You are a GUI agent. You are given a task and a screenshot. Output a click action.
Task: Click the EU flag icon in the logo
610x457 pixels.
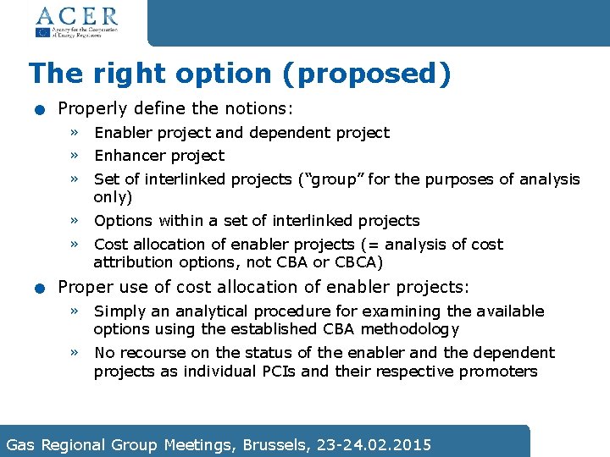[42, 32]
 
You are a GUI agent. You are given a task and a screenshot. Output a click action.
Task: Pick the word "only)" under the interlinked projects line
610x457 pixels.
[113, 196]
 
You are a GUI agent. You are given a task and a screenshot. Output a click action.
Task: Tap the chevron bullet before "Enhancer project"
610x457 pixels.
[75, 156]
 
